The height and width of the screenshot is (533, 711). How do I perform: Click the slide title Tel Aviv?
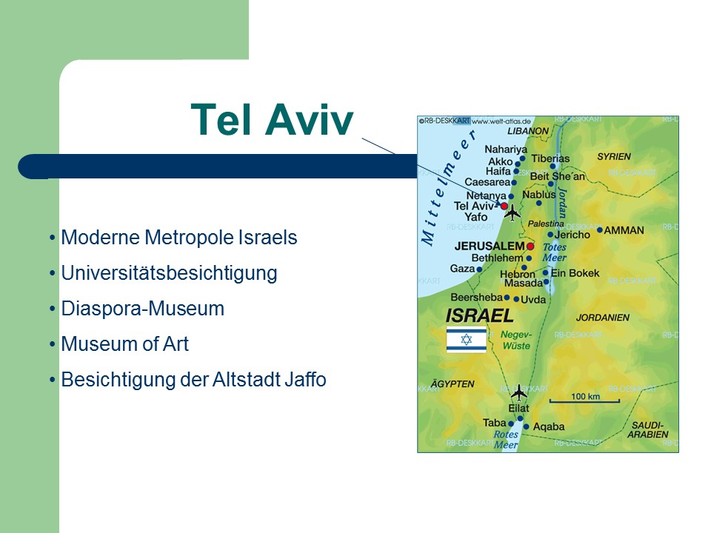(272, 120)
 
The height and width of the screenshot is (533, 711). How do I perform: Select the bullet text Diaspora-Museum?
(143, 309)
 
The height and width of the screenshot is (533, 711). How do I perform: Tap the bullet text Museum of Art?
(124, 344)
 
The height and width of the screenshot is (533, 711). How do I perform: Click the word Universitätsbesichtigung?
(169, 273)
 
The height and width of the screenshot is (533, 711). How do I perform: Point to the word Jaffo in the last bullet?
(305, 379)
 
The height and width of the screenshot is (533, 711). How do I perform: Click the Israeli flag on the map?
(466, 340)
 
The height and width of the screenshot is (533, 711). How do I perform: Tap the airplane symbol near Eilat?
(518, 392)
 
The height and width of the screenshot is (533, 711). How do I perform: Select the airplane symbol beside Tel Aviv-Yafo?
(513, 212)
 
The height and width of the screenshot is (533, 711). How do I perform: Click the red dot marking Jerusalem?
(530, 247)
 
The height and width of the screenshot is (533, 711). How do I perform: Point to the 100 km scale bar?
(584, 401)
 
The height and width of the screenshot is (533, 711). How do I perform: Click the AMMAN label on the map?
(624, 230)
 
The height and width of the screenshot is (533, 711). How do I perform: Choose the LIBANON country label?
(528, 131)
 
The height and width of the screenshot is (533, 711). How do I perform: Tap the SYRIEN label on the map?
(614, 156)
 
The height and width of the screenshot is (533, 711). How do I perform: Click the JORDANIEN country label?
(603, 318)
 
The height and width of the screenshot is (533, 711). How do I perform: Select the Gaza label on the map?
(462, 268)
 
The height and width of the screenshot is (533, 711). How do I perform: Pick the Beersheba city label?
(476, 298)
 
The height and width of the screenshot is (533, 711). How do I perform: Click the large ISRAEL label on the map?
(479, 315)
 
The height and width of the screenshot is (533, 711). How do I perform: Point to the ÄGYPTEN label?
(452, 384)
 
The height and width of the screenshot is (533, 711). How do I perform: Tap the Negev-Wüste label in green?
(516, 340)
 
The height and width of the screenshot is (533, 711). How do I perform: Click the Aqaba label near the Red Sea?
(549, 426)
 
